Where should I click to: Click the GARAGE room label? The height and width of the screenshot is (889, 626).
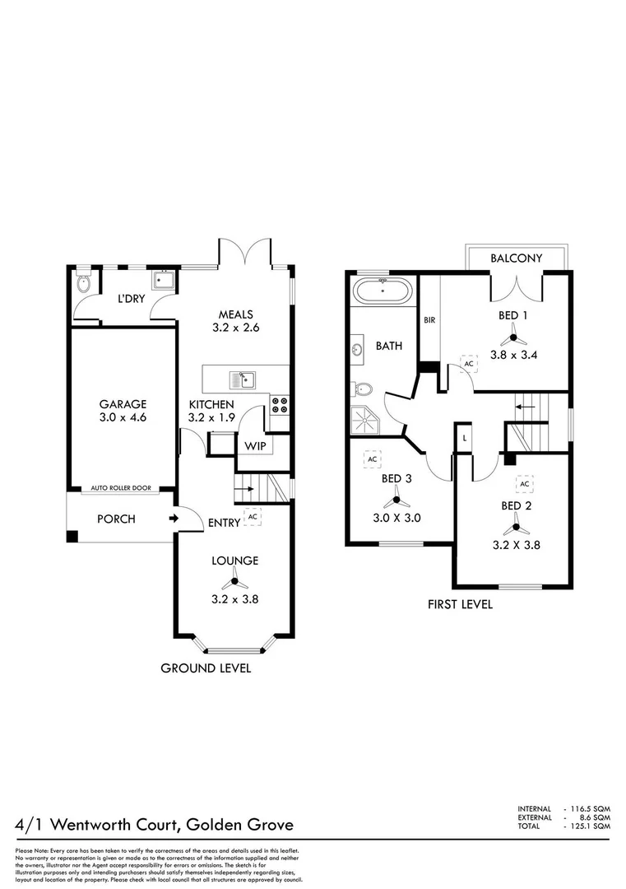pyautogui.click(x=123, y=404)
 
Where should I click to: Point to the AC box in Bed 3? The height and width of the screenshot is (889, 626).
pyautogui.click(x=372, y=458)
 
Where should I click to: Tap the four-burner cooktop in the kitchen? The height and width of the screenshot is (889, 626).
pyautogui.click(x=279, y=404)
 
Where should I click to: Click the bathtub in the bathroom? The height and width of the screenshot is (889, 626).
pyautogui.click(x=383, y=292)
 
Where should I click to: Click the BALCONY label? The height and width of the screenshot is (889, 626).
pyautogui.click(x=516, y=258)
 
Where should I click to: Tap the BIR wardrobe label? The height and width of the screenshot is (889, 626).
pyautogui.click(x=429, y=319)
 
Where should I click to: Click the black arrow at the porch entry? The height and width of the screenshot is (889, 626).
pyautogui.click(x=173, y=519)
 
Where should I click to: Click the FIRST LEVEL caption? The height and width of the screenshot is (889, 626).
pyautogui.click(x=460, y=604)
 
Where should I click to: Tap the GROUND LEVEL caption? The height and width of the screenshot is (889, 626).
pyautogui.click(x=206, y=668)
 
